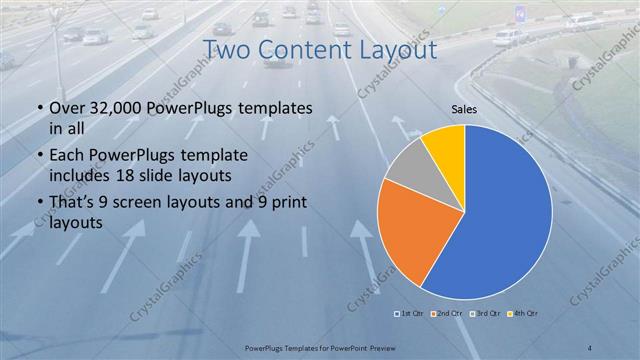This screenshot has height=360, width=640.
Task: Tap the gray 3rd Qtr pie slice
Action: click(409, 166)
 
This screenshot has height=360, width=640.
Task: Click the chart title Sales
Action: click(463, 108)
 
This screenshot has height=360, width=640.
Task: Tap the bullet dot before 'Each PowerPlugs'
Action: click(38, 156)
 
